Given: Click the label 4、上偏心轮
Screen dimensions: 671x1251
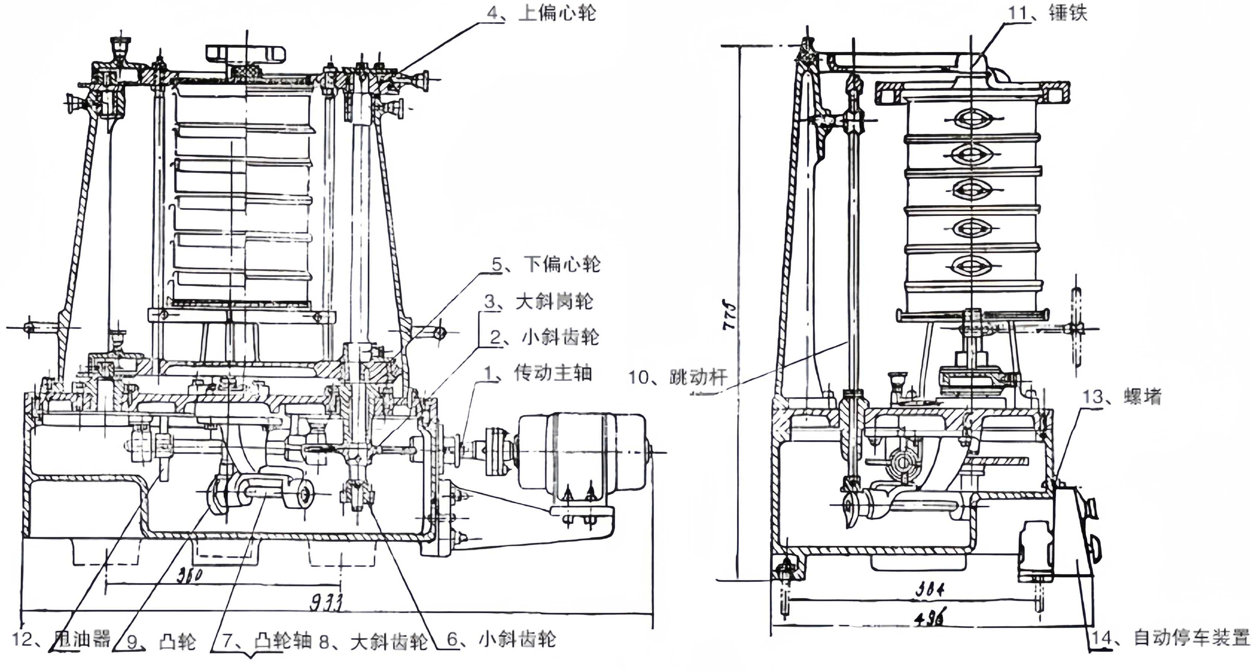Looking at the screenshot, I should click(x=542, y=13).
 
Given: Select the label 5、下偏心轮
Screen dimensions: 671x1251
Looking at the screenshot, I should click(x=546, y=264).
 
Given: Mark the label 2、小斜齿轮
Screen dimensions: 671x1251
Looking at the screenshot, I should click(x=544, y=337).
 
